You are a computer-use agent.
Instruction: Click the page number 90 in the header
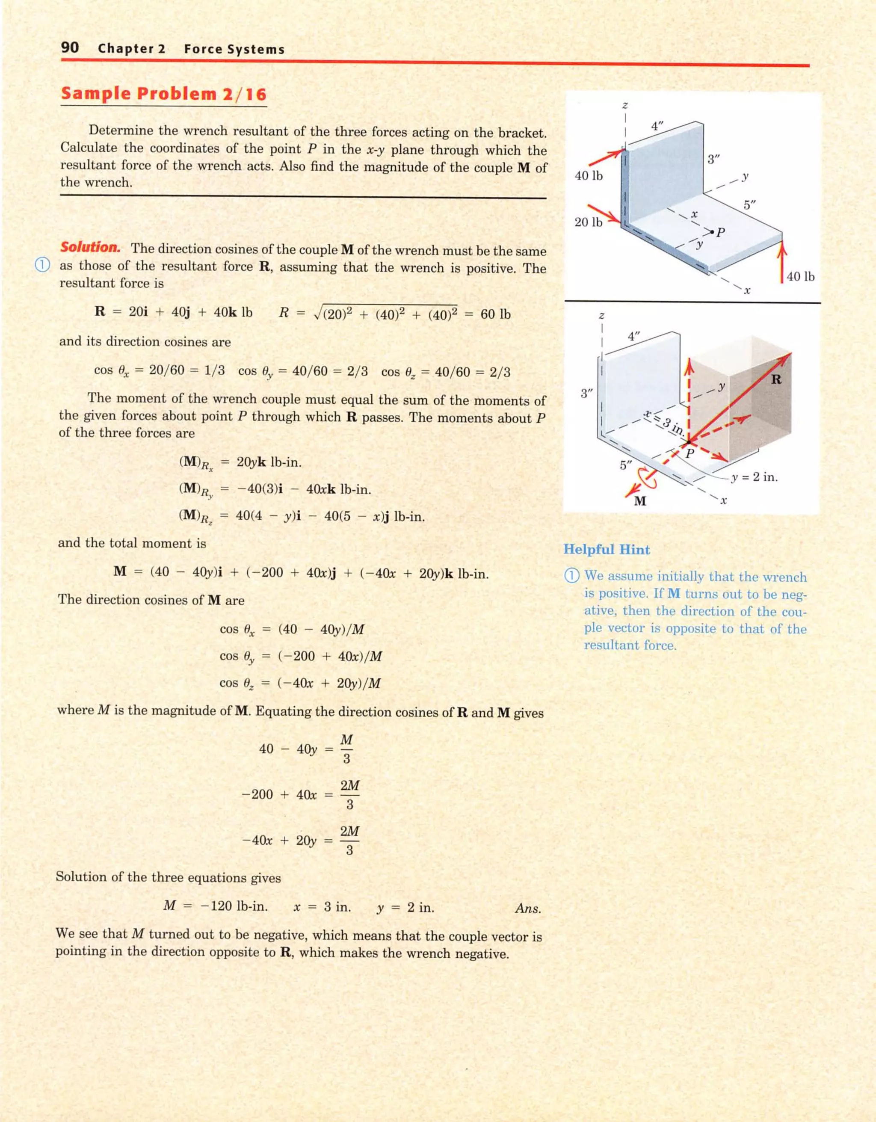tap(70, 48)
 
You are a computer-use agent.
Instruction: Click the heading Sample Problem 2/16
tap(164, 94)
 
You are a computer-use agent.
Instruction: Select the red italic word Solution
tap(90, 248)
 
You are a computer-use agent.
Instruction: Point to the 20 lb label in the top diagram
tap(588, 222)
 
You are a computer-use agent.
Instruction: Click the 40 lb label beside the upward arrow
tap(800, 277)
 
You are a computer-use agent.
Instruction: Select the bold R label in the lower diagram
tap(776, 380)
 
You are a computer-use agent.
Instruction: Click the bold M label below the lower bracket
tap(640, 501)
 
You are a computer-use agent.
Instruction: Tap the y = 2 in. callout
tap(754, 477)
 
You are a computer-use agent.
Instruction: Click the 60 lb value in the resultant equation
tap(495, 314)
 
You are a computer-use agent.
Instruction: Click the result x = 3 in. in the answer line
tap(322, 907)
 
